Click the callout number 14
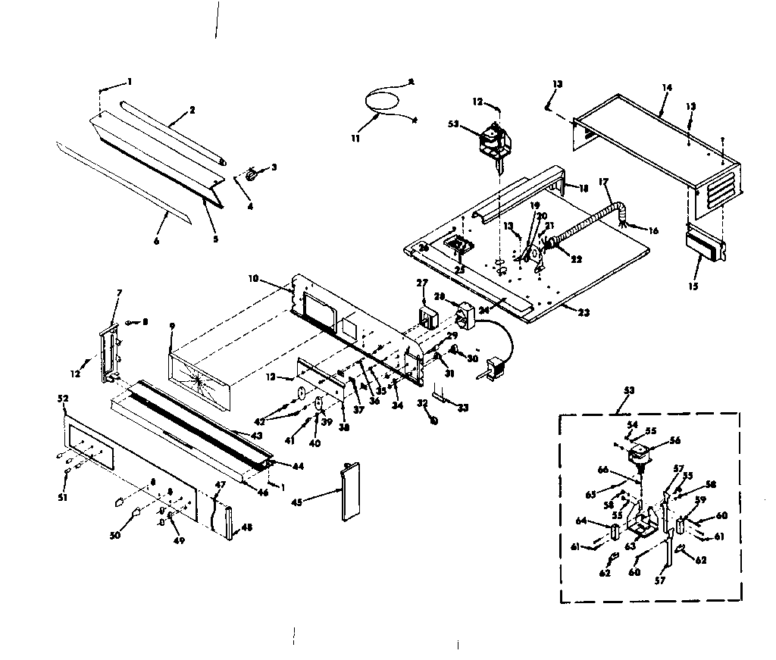(x=666, y=88)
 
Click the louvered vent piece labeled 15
(x=706, y=246)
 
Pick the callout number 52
(x=62, y=398)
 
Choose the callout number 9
(x=172, y=327)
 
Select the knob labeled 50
(x=136, y=515)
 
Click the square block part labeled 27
(x=429, y=316)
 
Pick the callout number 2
(x=192, y=111)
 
